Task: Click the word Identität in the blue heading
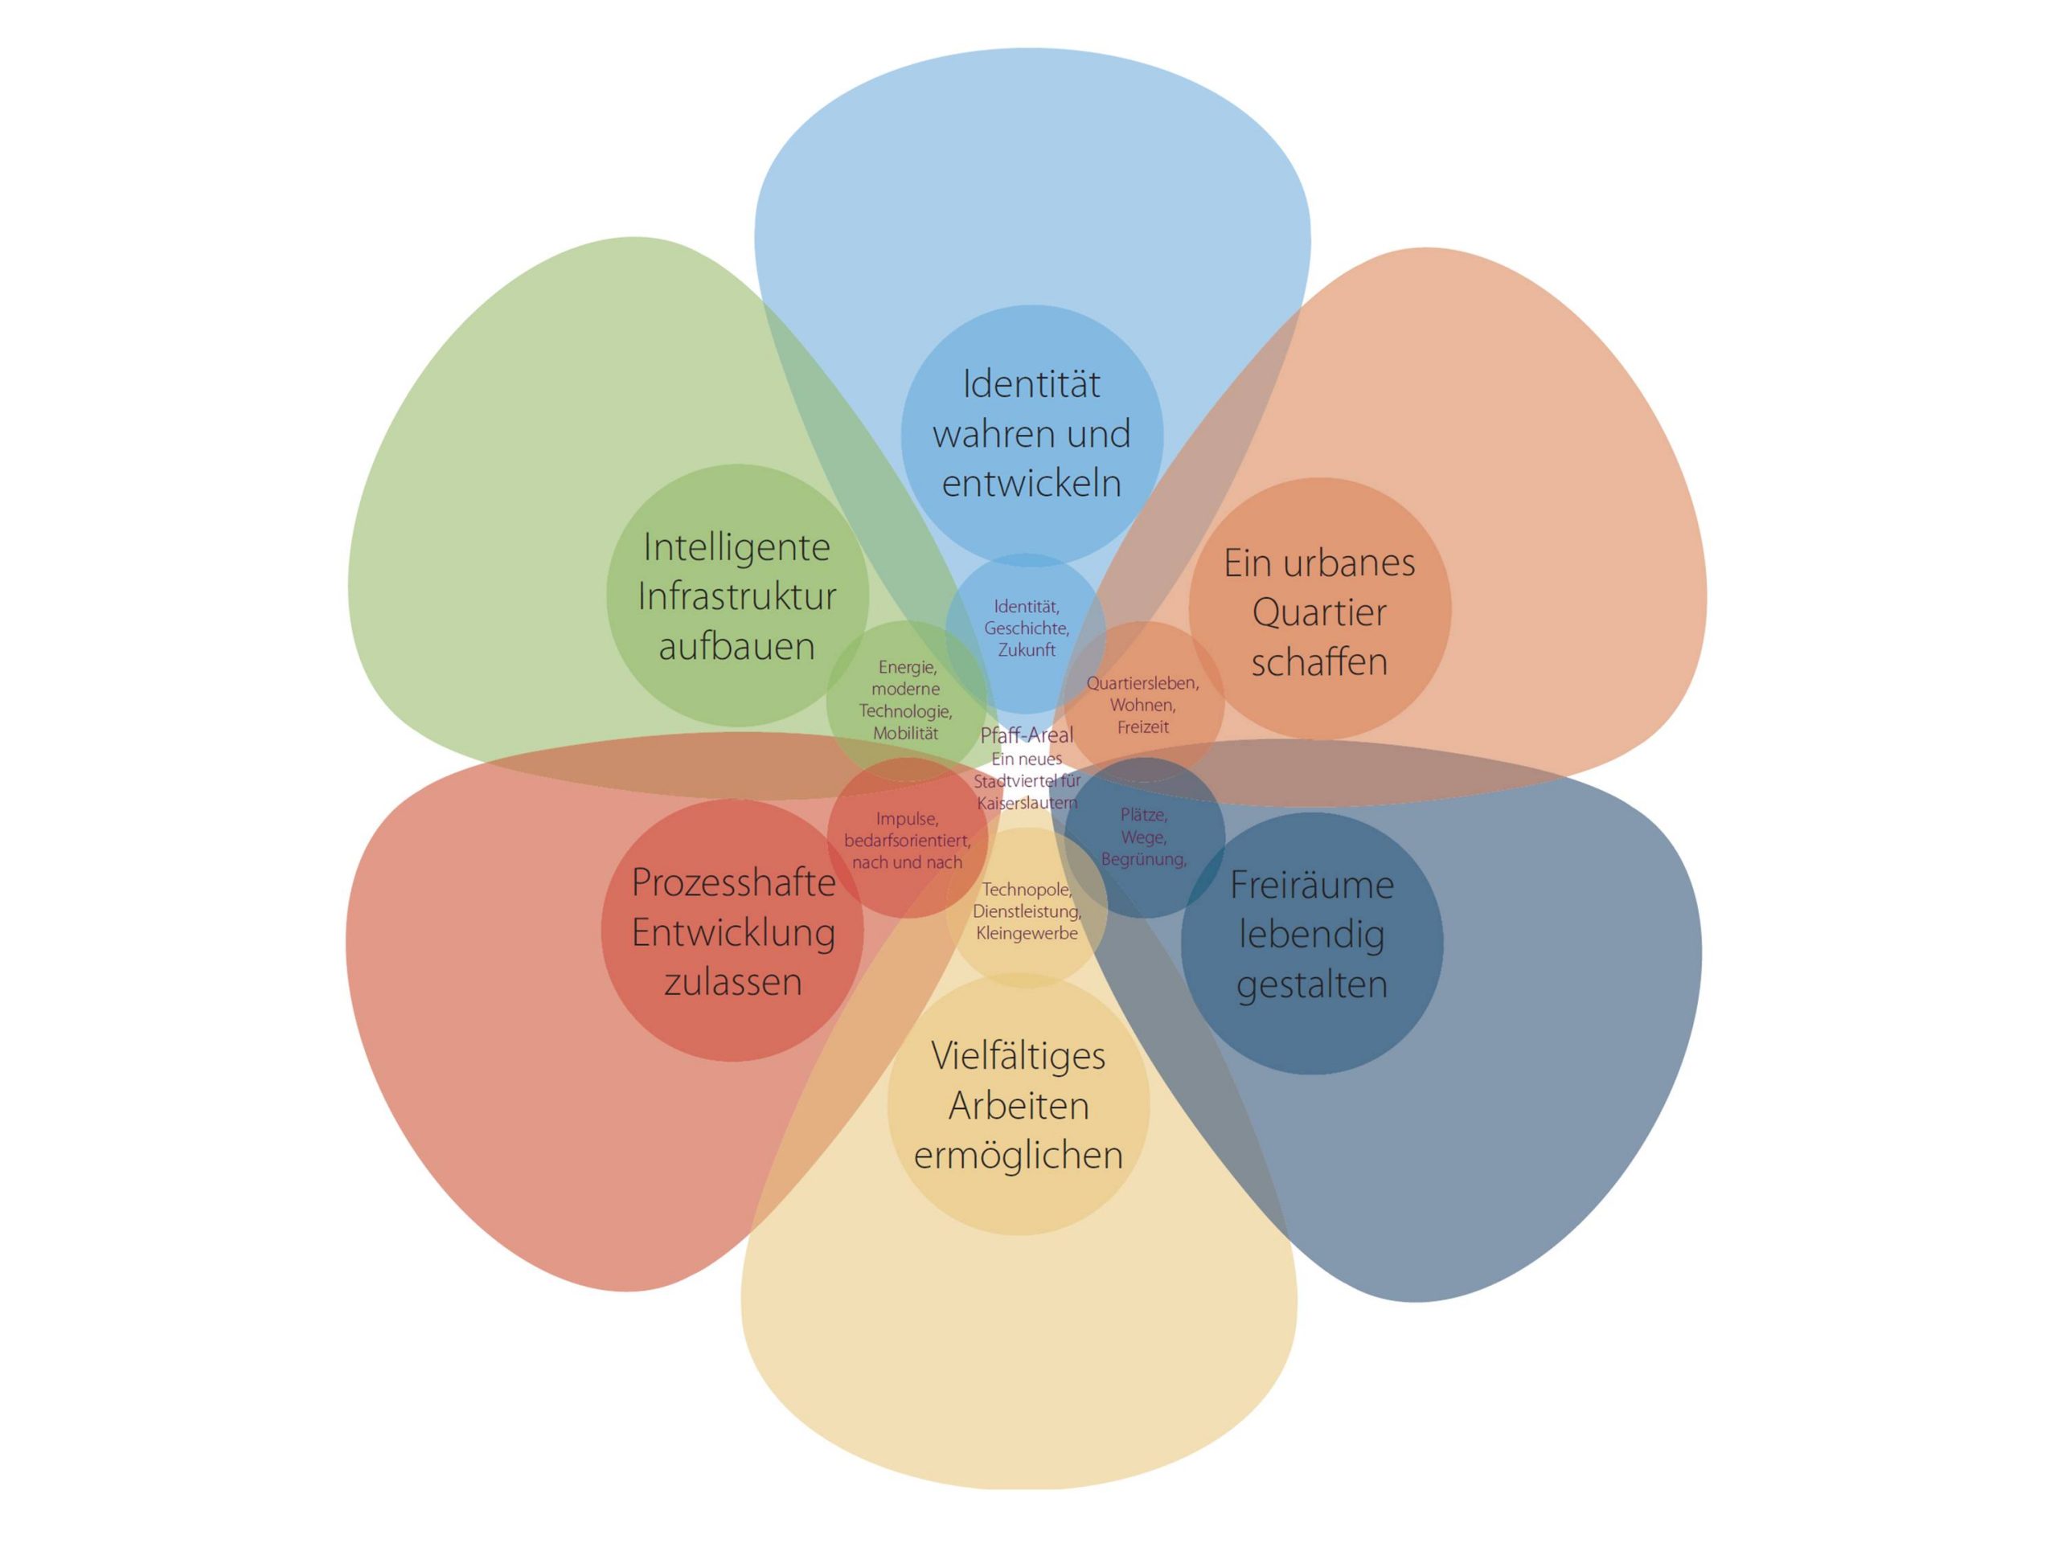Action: click(1031, 385)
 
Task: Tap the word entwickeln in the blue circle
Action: click(1031, 485)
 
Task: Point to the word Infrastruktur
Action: click(737, 597)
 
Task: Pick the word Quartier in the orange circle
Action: click(1318, 613)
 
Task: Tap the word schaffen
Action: click(1318, 662)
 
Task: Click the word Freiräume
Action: click(1311, 886)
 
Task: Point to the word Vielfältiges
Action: click(1018, 1057)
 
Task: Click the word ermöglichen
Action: click(1018, 1155)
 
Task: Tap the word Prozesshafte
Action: click(733, 883)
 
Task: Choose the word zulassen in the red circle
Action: click(732, 983)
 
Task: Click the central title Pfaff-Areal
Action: click(1027, 735)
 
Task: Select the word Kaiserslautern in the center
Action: click(1027, 803)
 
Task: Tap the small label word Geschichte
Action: click(1027, 628)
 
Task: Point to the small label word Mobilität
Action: click(905, 734)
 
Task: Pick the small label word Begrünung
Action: click(1142, 859)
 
